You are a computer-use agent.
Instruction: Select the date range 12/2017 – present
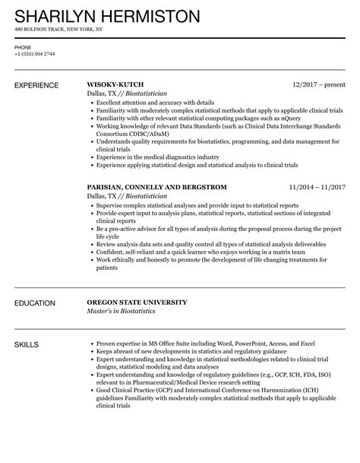[319, 84]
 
